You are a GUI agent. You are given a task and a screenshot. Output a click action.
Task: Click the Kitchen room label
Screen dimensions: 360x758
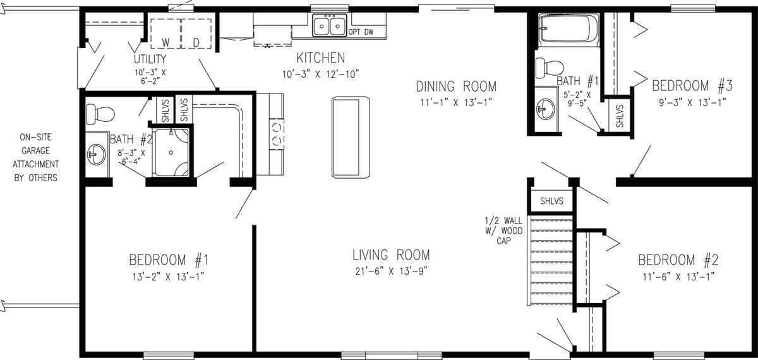coord(321,58)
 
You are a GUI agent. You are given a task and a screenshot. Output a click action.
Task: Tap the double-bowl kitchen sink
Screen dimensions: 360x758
coord(330,26)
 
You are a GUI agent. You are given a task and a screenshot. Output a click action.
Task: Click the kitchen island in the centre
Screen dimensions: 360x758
coord(350,137)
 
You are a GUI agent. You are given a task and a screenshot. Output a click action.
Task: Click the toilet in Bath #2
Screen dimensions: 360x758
coord(100,114)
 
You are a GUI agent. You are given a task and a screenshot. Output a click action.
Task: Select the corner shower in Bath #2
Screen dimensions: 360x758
coord(171,152)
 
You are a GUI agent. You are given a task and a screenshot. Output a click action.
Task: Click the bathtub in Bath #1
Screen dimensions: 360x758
coord(568,29)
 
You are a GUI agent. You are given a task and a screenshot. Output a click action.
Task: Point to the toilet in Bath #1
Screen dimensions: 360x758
coord(548,67)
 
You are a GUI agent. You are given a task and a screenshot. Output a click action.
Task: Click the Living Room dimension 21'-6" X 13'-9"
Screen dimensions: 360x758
coord(391,272)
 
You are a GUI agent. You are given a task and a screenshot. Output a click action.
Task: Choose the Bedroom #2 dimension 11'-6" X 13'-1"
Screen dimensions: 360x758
coord(678,276)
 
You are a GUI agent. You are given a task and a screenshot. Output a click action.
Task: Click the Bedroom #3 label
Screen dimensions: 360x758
coord(692,85)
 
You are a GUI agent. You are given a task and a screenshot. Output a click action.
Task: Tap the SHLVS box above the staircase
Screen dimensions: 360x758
coord(551,201)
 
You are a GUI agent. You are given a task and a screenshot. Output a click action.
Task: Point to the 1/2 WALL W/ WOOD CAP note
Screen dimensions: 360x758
coord(503,231)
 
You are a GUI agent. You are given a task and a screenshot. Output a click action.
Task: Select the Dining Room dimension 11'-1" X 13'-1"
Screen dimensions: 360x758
coord(455,102)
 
